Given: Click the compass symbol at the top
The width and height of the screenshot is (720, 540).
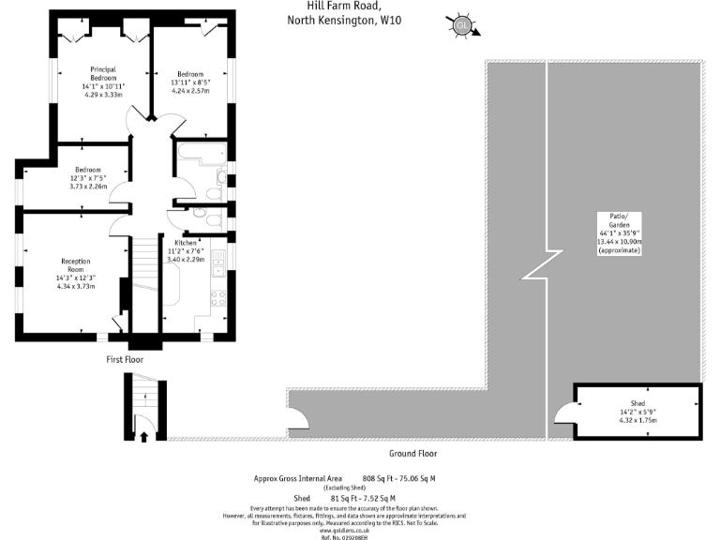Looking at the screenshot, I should click(x=462, y=25).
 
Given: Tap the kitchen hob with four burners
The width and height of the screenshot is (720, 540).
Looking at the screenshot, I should click(x=218, y=298).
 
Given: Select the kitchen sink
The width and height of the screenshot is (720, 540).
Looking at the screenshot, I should click(x=217, y=258).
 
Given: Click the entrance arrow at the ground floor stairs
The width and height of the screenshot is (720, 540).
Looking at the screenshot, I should click(x=143, y=434).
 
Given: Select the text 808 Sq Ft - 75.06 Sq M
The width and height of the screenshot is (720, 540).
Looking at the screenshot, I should click(x=398, y=478).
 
